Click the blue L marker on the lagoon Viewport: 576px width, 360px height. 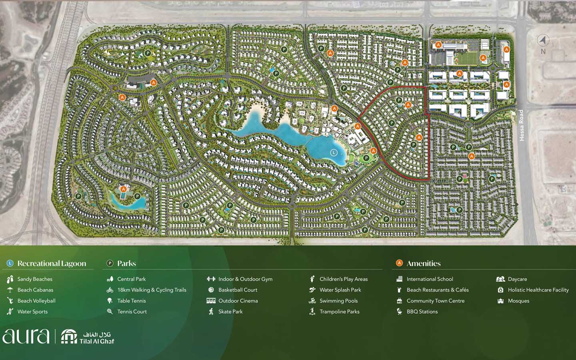[x=334, y=152]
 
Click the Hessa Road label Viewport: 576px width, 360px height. [x=521, y=125]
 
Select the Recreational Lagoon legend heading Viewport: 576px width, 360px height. [x=52, y=263]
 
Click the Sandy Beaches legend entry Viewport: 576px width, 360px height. [x=35, y=279]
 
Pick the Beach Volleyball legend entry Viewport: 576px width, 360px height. [x=36, y=301]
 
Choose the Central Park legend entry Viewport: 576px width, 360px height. [x=131, y=279]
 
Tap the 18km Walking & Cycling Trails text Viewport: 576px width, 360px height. [x=152, y=290]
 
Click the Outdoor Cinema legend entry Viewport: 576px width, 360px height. [x=238, y=301]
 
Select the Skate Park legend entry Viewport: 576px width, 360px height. [x=230, y=312]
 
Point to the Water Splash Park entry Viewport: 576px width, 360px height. [x=340, y=290]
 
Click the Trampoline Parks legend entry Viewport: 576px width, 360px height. [x=339, y=312]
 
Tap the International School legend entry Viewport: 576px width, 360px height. [x=430, y=279]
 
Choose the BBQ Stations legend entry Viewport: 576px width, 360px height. [x=422, y=312]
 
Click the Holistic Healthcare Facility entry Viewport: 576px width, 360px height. [x=538, y=290]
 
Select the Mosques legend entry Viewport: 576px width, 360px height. [x=518, y=301]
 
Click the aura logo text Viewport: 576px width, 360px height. [x=26, y=336]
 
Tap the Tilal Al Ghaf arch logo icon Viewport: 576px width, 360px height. [x=69, y=337]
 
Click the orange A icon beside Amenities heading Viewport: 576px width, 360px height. [x=399, y=263]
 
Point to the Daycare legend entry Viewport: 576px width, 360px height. [x=517, y=279]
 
